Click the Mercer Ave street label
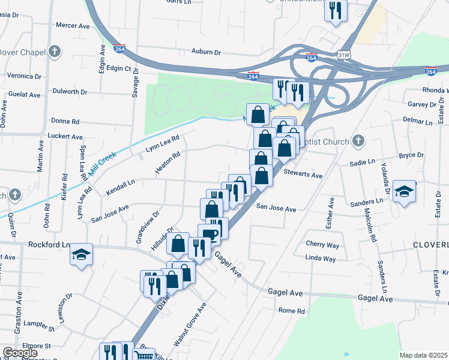72,26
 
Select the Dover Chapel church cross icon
55,52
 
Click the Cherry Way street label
322,245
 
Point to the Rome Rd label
292,311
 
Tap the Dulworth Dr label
70,92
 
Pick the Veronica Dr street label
24,77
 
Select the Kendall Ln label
120,187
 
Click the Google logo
19,353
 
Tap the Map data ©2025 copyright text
424,355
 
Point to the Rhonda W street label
435,90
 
